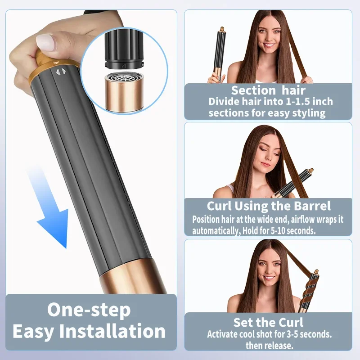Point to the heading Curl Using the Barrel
[x=269, y=207]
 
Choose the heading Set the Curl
[x=268, y=322]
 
